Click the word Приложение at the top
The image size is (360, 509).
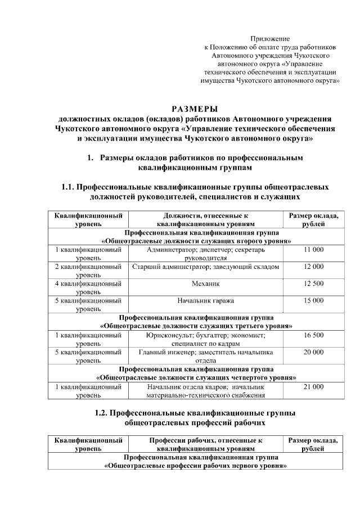click(270, 39)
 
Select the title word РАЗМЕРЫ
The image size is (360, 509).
click(194, 109)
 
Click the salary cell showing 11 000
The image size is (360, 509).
click(313, 249)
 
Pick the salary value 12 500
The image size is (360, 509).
click(313, 283)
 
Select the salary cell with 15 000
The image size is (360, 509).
click(313, 300)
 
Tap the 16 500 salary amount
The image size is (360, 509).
click(313, 335)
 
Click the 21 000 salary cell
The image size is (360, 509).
click(313, 387)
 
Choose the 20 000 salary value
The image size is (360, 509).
click(313, 352)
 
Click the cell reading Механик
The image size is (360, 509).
click(205, 283)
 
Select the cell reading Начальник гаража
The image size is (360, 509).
click(205, 300)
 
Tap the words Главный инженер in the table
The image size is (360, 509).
click(163, 352)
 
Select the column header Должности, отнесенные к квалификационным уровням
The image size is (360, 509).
click(205, 219)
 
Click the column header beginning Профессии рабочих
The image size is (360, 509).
click(205, 444)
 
